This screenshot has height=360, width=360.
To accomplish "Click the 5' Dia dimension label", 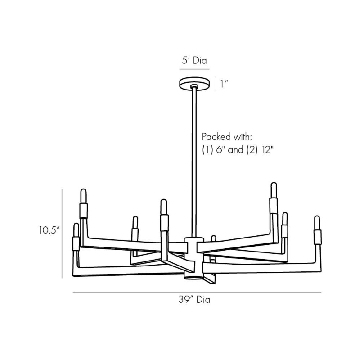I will pos(194,61).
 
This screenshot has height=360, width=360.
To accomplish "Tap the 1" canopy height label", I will pos(224,84).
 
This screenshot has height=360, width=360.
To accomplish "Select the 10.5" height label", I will pos(49,230).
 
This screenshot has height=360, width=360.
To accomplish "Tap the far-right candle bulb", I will pos(317,224).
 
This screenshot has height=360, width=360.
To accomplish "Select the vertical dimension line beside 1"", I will pos(216,84).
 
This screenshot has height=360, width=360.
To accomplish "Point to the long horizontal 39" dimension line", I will pos(197,292).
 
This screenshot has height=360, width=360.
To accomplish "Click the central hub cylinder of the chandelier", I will pos(194,256).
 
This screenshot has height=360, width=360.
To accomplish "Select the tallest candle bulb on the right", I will pos(273,191).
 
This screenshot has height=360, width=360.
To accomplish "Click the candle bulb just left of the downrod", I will pos(163,208).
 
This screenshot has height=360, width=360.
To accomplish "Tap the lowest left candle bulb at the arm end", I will pos(76,231).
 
